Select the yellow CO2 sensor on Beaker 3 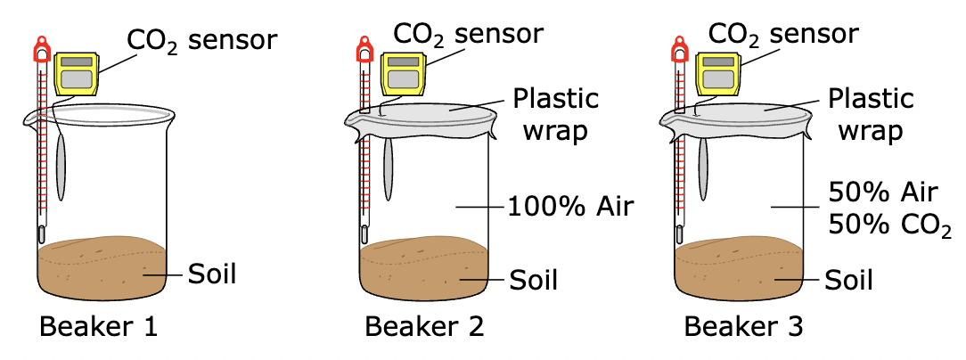tap(716, 74)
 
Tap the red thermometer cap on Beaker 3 tap(679, 50)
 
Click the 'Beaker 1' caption tap(98, 328)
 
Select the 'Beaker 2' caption tap(424, 328)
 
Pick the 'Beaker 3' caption tap(743, 328)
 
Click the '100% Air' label tap(570, 208)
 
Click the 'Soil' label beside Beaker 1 tap(212, 274)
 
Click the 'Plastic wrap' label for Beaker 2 tap(554, 113)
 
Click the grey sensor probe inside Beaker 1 tap(60, 169)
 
